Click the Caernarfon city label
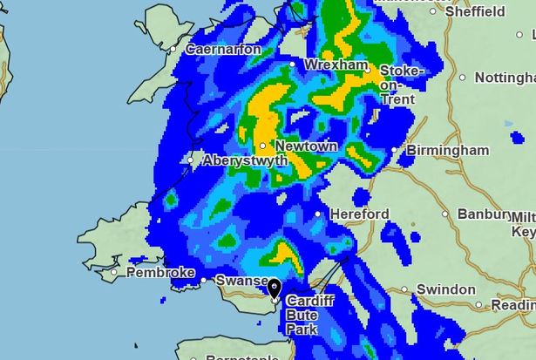(222, 50)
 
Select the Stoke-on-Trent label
(401, 84)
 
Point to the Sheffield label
(474, 12)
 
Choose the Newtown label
(305, 146)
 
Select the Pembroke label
(160, 273)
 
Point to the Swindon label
(445, 289)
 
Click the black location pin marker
(275, 289)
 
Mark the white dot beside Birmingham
(394, 151)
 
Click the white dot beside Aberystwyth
(192, 160)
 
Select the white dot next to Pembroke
(114, 273)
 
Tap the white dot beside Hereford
(318, 214)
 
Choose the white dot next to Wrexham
(306, 65)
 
